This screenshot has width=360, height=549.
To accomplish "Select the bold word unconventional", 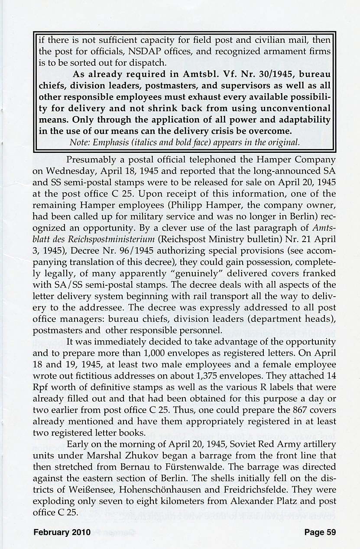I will (x=294, y=108).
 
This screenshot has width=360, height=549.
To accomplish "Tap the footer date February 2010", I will (x=62, y=532).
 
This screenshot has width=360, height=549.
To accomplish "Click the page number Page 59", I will (x=320, y=532).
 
